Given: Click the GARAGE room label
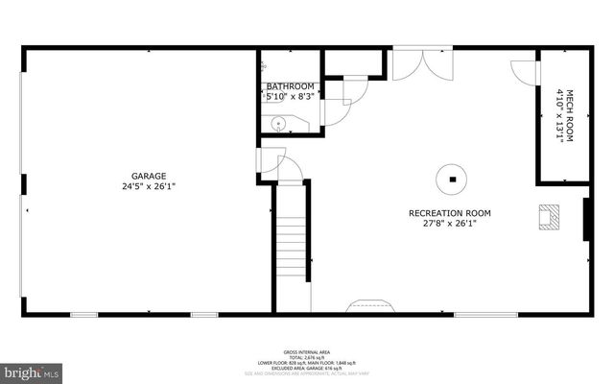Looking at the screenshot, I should click(150, 176).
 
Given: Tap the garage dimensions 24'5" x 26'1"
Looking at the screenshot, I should click(150, 186).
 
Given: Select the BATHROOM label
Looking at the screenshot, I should click(290, 86).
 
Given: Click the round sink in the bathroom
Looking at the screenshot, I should click(276, 123).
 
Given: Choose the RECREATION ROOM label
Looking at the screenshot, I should click(442, 212).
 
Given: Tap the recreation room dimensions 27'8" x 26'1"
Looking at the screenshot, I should click(442, 223).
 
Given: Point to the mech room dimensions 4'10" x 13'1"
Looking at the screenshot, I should click(559, 115).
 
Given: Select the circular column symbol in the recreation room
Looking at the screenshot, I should click(450, 178).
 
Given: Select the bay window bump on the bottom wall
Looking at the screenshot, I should click(370, 306).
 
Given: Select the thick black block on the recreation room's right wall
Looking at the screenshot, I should click(586, 219).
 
